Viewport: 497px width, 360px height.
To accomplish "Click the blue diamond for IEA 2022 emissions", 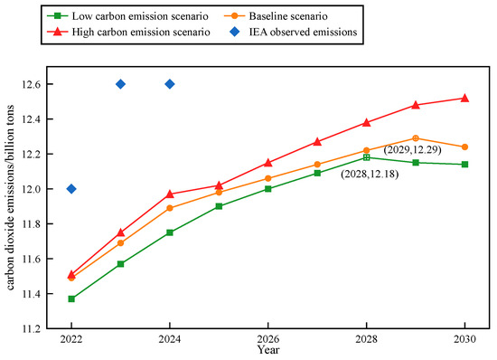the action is (x=71, y=189).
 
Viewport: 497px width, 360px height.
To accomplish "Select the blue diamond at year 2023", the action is (x=120, y=84).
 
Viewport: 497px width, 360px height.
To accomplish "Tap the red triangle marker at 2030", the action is (x=464, y=98).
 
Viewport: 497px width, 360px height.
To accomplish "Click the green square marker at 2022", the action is (x=71, y=298).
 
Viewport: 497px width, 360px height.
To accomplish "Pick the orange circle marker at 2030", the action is (x=464, y=147).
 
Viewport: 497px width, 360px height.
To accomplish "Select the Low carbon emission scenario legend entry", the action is (x=127, y=16).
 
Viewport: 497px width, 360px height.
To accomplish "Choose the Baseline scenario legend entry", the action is (x=276, y=16).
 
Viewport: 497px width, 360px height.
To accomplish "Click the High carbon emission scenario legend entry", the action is (x=128, y=32).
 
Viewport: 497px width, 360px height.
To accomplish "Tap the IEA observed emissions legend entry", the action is (x=294, y=32).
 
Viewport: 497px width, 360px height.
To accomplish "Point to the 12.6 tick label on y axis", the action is (x=30, y=84).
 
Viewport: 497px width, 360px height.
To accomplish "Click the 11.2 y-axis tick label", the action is (x=30, y=329).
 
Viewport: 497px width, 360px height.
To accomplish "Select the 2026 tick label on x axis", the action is (x=268, y=339).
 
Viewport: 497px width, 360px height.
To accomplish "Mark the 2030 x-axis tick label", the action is (x=464, y=339).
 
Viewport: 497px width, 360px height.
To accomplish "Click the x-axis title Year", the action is (x=268, y=350).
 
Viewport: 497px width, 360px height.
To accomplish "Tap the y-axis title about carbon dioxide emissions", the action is (x=10, y=197).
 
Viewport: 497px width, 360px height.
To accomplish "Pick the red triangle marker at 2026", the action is (x=268, y=163).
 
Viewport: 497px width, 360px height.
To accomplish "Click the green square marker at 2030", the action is (x=464, y=165).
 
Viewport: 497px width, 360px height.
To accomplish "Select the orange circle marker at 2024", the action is (x=170, y=208).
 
